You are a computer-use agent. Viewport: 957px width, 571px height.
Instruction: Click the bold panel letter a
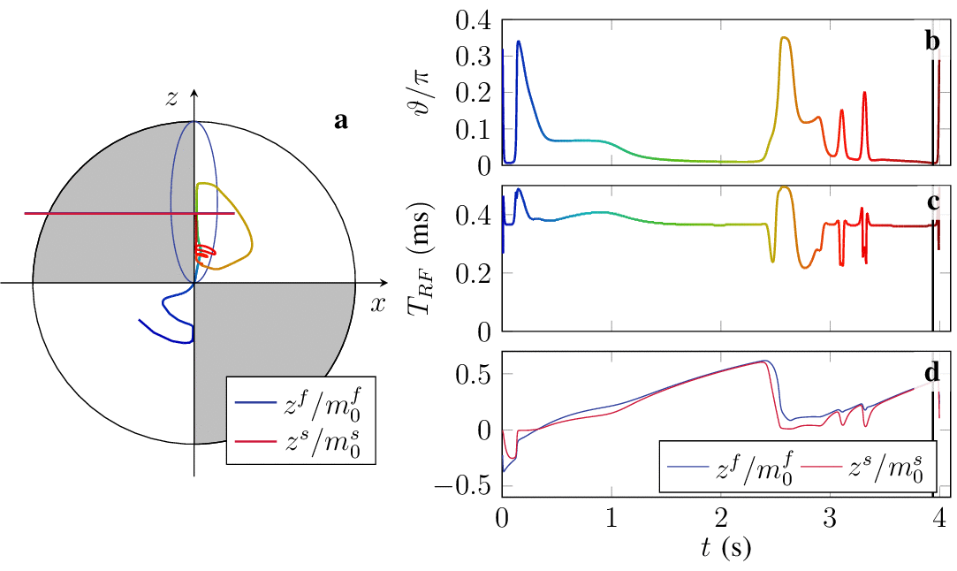click(341, 122)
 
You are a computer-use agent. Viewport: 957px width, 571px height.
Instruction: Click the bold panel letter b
click(931, 42)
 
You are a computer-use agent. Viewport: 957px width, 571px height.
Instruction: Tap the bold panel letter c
click(932, 202)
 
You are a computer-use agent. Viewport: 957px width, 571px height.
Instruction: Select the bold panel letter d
click(931, 369)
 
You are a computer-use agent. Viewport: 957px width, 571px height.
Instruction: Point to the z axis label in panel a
click(173, 99)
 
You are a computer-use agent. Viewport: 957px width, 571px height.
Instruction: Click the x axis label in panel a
click(378, 304)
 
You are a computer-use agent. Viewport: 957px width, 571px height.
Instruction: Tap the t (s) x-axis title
click(720, 549)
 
